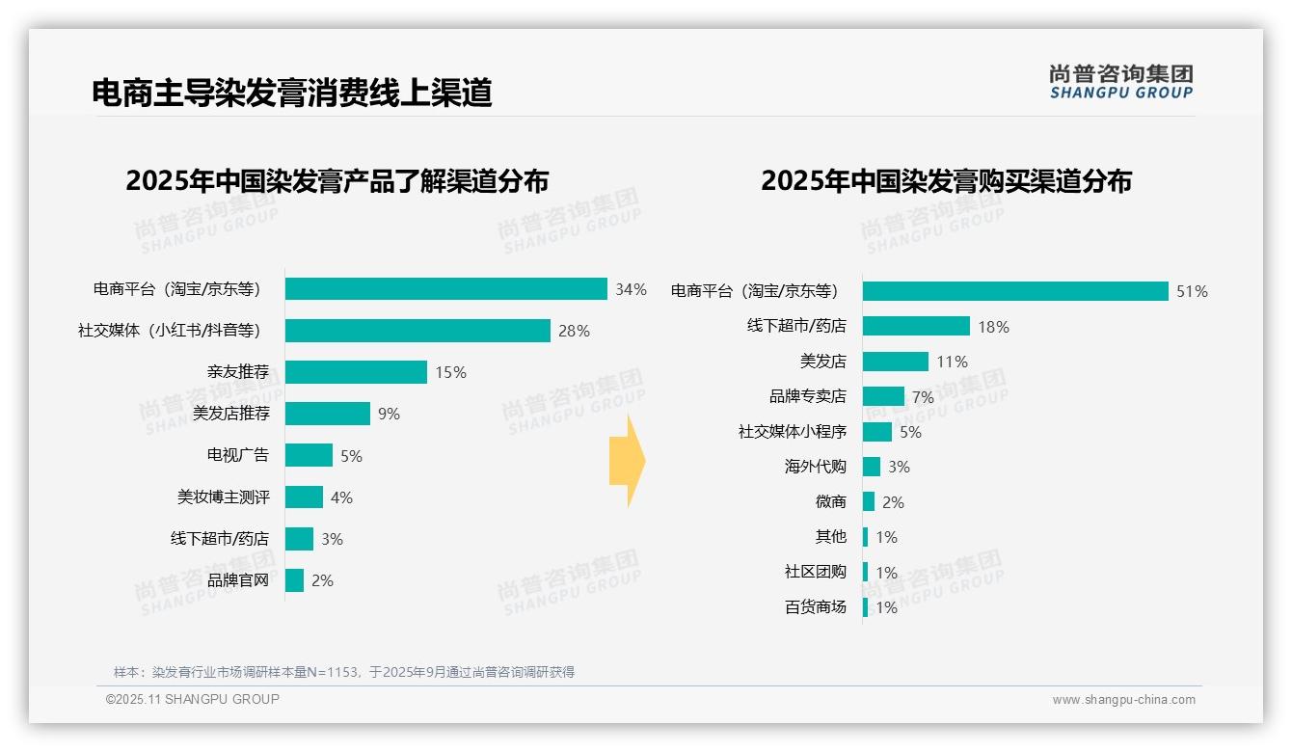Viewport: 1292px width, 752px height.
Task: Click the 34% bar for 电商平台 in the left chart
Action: [x=445, y=289]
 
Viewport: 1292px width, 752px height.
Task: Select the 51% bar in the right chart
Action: [x=1015, y=291]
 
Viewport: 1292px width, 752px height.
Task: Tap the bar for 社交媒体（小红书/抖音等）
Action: [x=417, y=331]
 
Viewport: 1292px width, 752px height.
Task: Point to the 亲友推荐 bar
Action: [x=356, y=372]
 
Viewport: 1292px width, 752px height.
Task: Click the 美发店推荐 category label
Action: [x=231, y=414]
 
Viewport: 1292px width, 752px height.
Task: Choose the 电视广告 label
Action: [x=238, y=455]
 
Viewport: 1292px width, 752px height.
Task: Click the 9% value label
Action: [x=389, y=415]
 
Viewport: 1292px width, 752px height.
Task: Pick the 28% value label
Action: [x=574, y=332]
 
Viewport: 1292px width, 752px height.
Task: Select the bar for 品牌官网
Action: [x=294, y=580]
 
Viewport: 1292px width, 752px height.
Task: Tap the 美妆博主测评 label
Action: [x=223, y=497]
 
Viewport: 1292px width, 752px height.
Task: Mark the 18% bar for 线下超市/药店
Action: [x=916, y=326]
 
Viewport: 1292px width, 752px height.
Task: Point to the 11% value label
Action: [x=952, y=363]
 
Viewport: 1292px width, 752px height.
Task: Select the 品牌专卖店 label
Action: [x=808, y=396]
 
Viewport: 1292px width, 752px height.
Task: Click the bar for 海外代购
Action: [x=872, y=467]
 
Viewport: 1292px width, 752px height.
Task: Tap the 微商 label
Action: [x=830, y=501]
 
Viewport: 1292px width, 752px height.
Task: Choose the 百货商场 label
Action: [x=816, y=606]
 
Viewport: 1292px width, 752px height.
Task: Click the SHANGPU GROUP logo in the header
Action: [x=1120, y=82]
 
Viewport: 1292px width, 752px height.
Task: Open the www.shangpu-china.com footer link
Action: [x=1123, y=700]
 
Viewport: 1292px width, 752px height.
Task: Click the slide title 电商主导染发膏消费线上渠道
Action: [x=291, y=93]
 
